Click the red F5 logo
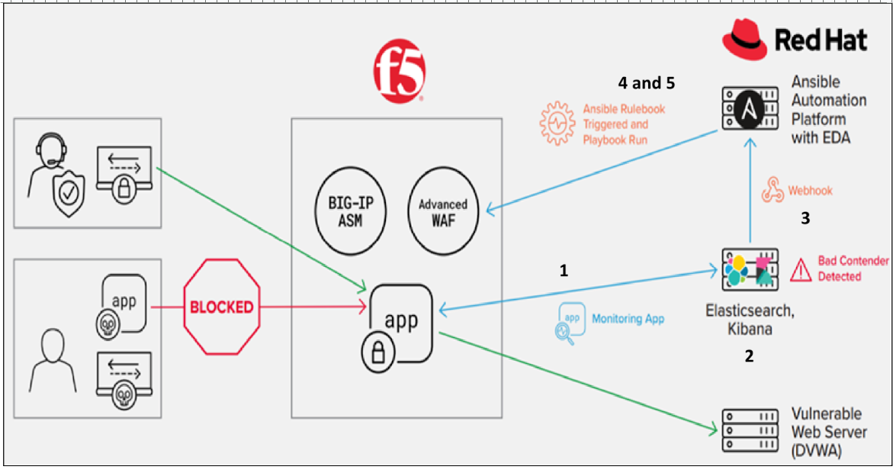point(399,72)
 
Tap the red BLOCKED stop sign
point(222,307)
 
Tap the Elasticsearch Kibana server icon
point(750,268)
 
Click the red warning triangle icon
point(801,269)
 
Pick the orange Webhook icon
point(773,191)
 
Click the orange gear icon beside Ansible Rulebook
point(557,123)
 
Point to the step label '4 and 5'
point(647,82)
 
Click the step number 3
point(805,219)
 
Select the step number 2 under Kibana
point(749,356)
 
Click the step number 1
point(564,270)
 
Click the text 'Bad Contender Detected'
point(853,269)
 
